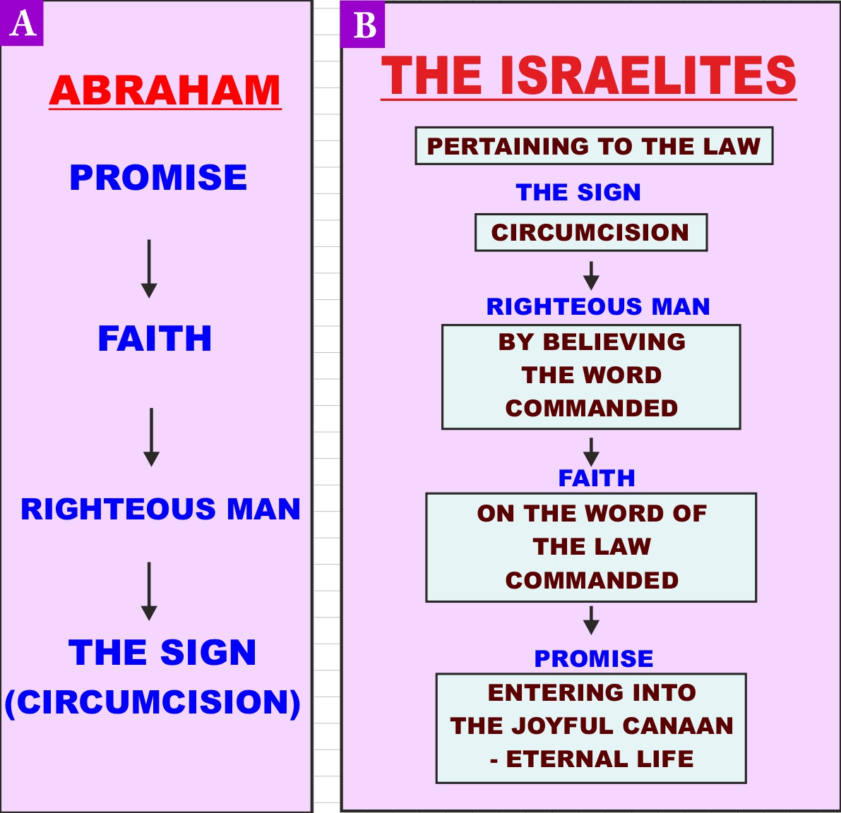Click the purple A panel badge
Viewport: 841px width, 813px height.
21,23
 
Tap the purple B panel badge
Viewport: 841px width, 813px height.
362,25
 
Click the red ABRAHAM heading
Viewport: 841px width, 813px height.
165,90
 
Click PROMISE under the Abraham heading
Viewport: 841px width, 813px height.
159,177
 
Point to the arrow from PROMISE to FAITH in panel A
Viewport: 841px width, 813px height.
149,268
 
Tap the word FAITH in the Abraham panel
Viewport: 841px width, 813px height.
155,339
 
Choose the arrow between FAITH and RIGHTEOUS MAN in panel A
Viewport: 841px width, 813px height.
151,437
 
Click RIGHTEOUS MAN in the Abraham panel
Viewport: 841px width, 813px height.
160,509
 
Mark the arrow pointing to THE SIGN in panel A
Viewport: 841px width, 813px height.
149,591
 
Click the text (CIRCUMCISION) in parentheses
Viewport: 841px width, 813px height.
153,702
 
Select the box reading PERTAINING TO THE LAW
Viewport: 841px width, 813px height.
595,146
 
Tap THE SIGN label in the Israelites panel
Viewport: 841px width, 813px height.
578,193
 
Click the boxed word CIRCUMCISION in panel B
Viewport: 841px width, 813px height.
591,233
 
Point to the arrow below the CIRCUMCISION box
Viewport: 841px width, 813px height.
591,275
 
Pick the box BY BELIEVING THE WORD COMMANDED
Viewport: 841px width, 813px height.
591,377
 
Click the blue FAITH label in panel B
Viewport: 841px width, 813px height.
597,478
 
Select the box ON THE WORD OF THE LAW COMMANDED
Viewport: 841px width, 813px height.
591,547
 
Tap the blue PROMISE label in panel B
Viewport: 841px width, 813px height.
594,658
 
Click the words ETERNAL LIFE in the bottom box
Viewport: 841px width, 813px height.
600,759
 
